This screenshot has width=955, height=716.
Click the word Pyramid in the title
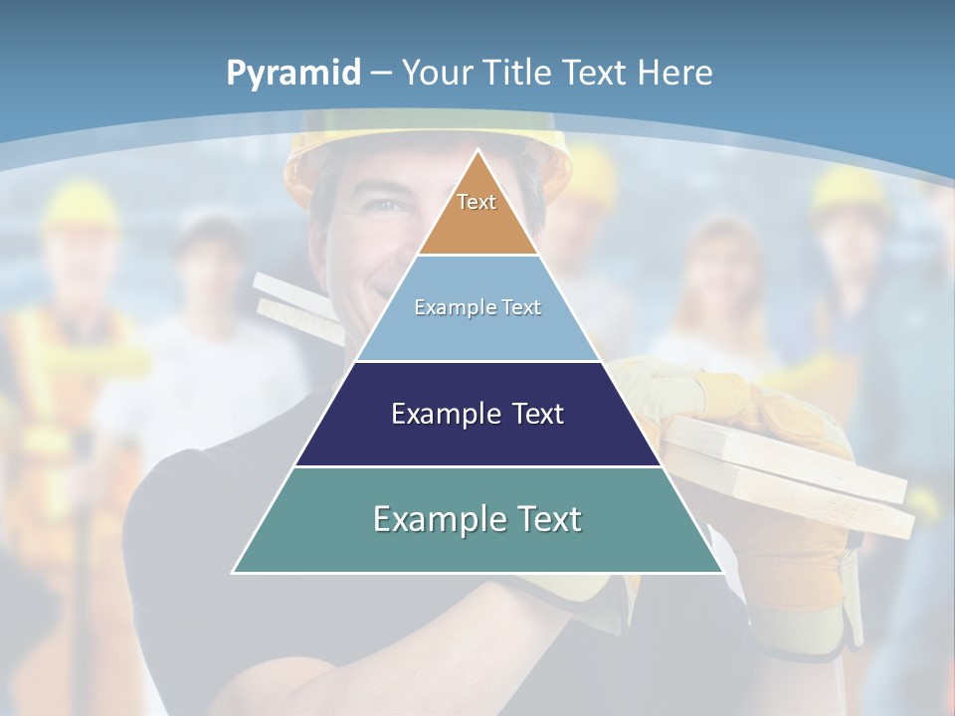pyautogui.click(x=292, y=73)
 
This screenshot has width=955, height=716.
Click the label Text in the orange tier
pyautogui.click(x=477, y=202)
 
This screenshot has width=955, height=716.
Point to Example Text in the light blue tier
pyautogui.click(x=477, y=307)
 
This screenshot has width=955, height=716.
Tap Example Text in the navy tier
pyautogui.click(x=477, y=414)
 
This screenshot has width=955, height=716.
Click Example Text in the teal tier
pyautogui.click(x=477, y=519)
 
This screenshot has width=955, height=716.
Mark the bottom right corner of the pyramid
pyautogui.click(x=721, y=571)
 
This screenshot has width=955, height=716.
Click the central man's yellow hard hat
pyautogui.click(x=328, y=149)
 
